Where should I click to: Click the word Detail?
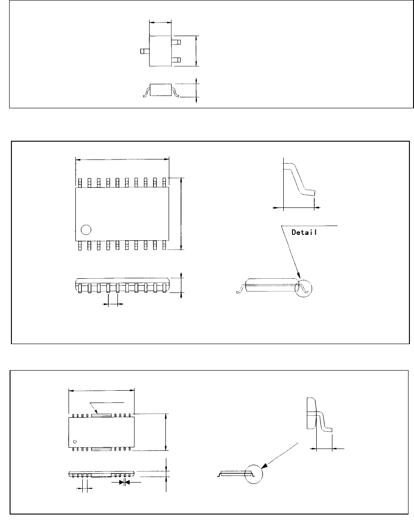point(305,232)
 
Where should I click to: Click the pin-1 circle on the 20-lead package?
point(85,229)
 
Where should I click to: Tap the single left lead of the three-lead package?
point(145,52)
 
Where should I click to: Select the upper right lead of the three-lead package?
point(177,42)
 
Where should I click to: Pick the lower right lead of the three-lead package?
point(177,60)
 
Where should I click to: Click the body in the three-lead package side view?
point(160,90)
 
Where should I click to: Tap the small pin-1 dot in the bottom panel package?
point(74,441)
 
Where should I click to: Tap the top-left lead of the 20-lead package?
point(80,182)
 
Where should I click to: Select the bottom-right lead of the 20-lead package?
point(164,245)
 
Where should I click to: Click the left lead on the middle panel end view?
point(240,290)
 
